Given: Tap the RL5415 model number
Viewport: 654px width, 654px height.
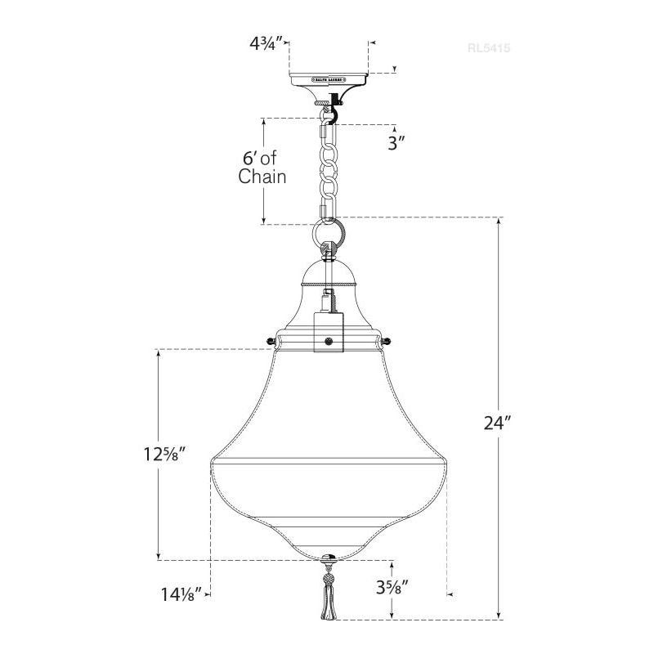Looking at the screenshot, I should (x=488, y=48).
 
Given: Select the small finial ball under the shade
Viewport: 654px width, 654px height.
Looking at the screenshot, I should (x=328, y=560).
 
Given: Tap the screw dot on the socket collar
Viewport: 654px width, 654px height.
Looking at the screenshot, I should (x=328, y=342).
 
